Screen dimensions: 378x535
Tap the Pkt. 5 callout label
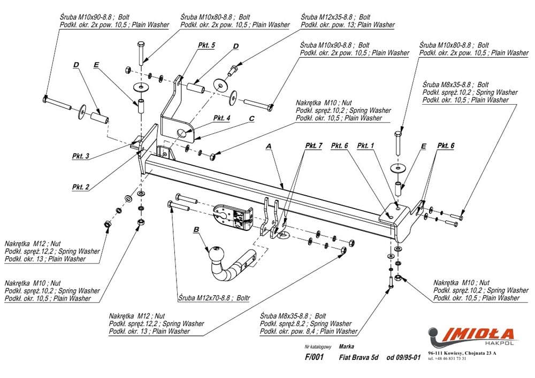pos(206,46)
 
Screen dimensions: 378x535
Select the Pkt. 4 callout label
pos(221,118)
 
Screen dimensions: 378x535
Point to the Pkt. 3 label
pos(80,156)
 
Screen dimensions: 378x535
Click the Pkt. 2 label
pos(80,187)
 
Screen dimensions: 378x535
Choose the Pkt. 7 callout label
pos(314,146)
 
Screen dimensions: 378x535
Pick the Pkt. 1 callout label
pos(366,145)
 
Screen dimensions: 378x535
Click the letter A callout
pos(269,146)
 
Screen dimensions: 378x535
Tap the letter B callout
pos(196,230)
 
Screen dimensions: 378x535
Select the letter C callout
pos(250,119)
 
